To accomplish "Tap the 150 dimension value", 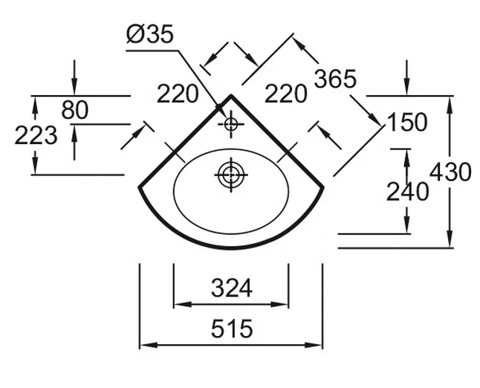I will tap(406, 121).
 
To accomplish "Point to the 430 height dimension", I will tap(450, 172).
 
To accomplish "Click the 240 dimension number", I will tap(407, 191).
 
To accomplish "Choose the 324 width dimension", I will tap(231, 287).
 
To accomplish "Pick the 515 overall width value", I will tap(231, 327).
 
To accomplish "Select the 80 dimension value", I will tap(74, 110).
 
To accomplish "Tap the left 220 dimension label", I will tap(178, 94).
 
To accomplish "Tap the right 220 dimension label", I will tap(286, 94).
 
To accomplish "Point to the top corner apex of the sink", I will tap(231, 95).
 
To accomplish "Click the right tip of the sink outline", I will tap(323, 186).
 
